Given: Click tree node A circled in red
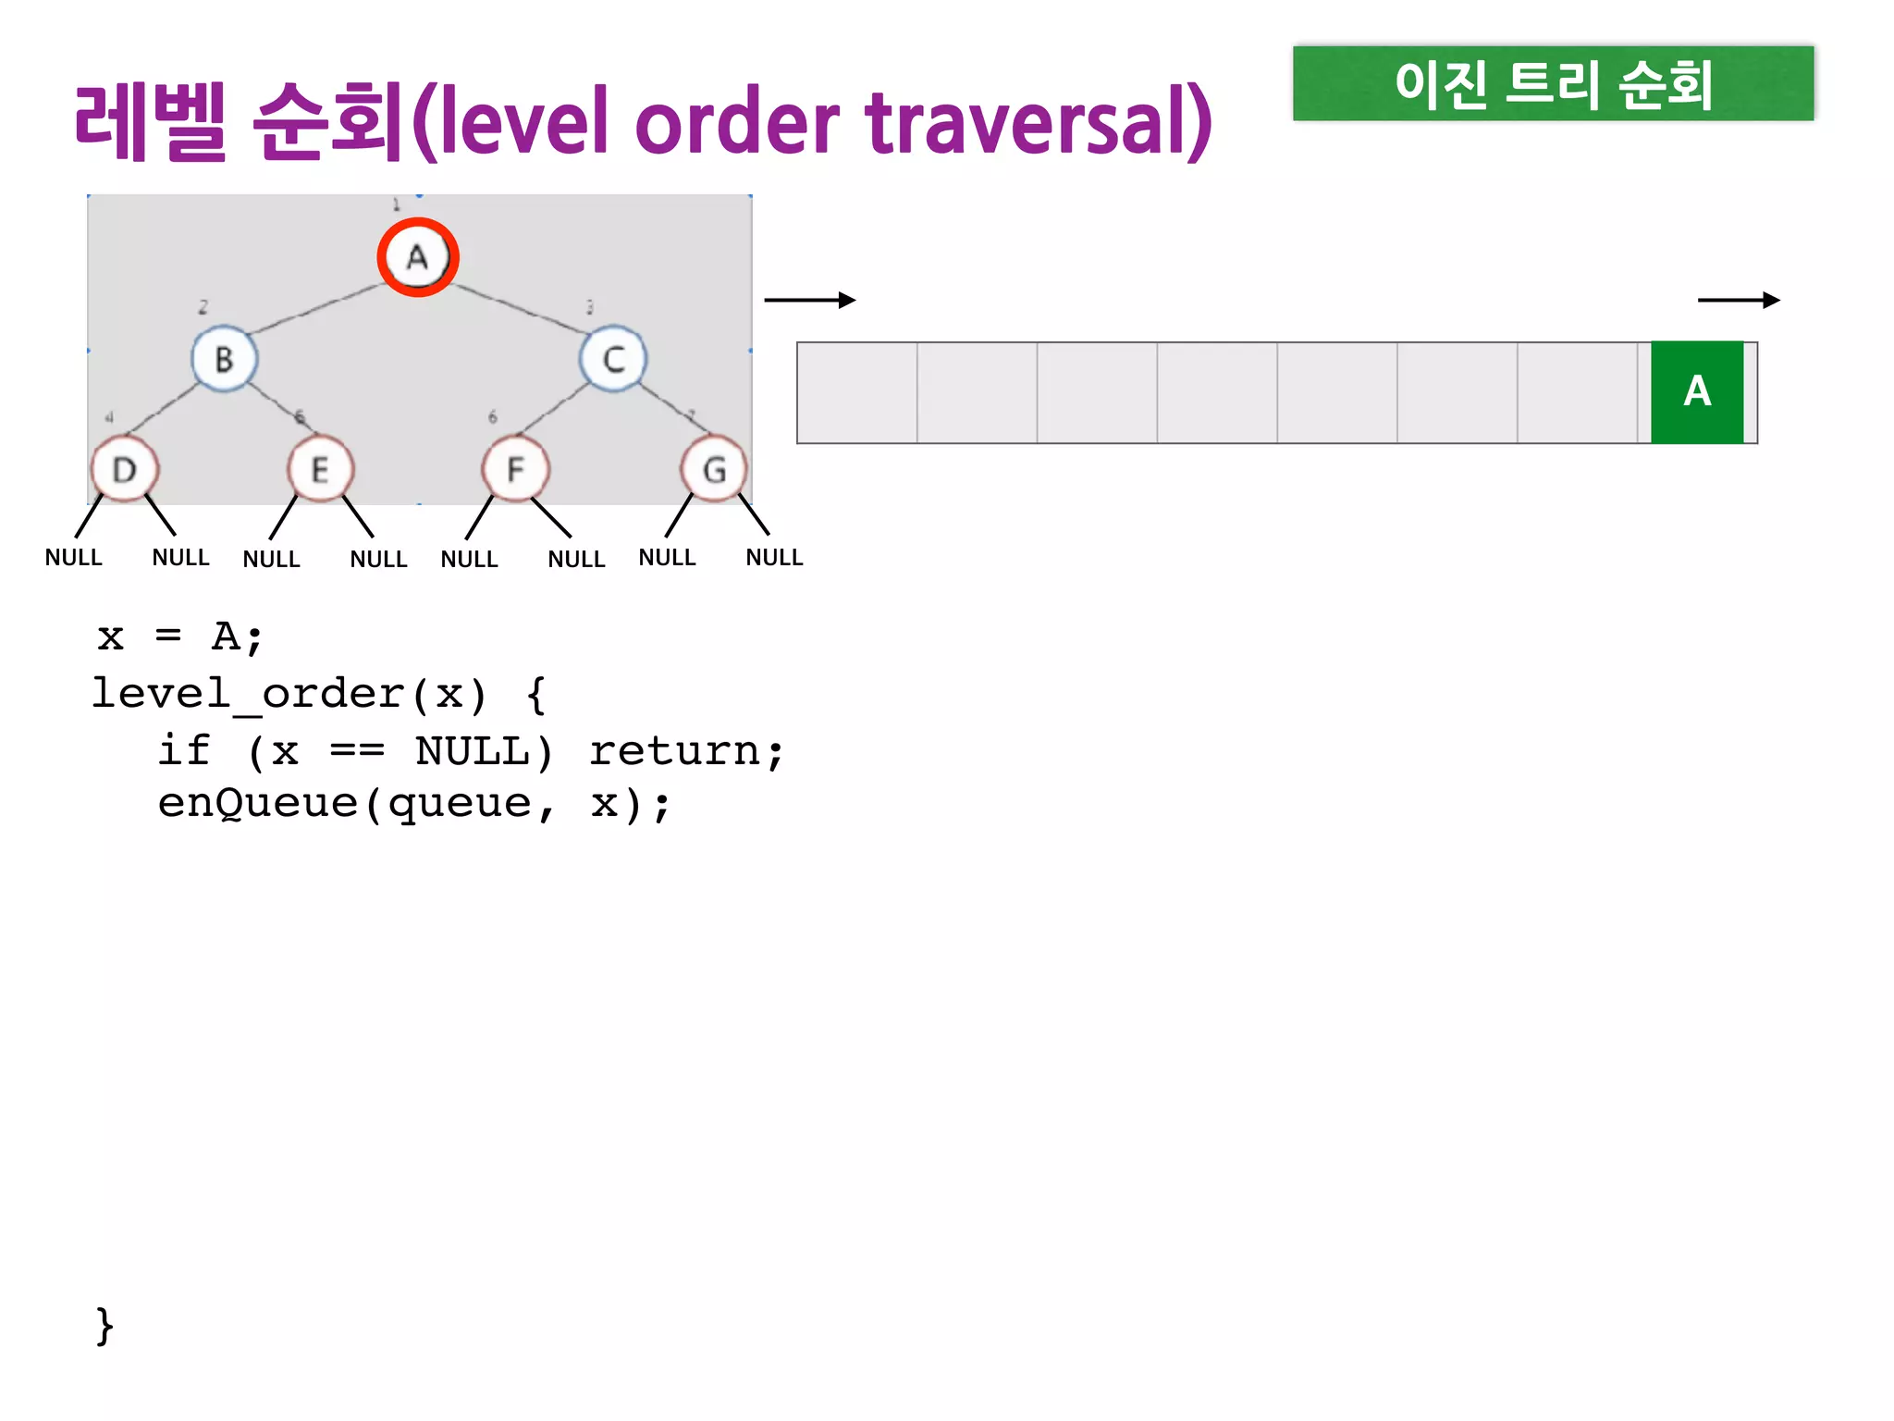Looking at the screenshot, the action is [418, 257].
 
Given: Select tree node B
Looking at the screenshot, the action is [224, 359].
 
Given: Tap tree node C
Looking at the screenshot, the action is [613, 359].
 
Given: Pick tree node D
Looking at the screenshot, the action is [125, 470].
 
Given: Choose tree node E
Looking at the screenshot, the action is [320, 470].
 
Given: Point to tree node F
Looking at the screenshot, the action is [515, 470].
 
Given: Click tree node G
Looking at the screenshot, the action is [713, 470].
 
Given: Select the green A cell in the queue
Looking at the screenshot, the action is [1697, 392].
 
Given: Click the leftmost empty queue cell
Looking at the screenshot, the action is [857, 392].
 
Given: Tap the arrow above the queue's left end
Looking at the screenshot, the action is [809, 300].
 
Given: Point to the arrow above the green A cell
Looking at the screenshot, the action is [1739, 300].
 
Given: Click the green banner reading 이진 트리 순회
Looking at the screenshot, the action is [1553, 83].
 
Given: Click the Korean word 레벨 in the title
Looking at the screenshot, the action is [151, 122].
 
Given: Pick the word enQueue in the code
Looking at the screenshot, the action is [257, 803].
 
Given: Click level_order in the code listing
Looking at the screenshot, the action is [248, 694].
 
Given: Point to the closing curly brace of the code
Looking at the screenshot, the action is [105, 1326].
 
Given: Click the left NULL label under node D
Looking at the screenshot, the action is [74, 558].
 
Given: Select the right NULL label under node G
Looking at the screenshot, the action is [774, 558].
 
